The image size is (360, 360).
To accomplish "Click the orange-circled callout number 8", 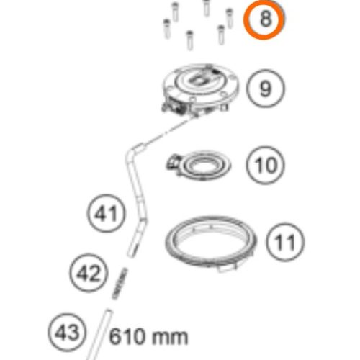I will pos(265,19).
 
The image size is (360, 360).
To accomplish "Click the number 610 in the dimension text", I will pos(129,336).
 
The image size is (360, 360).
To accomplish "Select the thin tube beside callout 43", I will pos(101,334).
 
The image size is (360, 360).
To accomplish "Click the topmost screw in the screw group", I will pos(207,6).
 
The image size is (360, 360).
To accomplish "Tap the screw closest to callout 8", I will pos(230,17).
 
